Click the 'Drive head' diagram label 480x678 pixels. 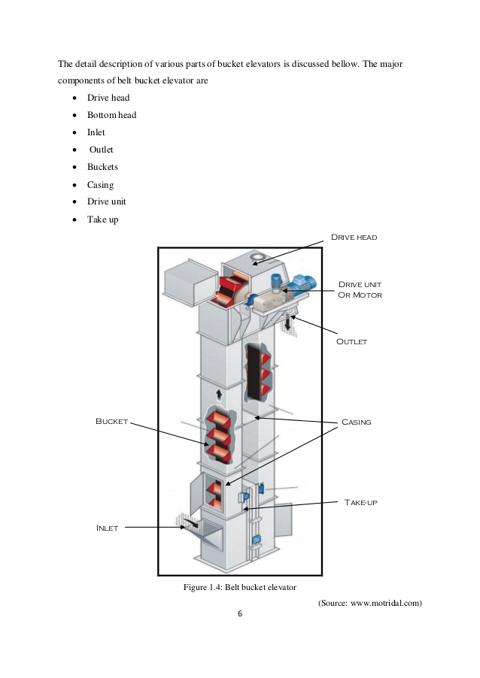[x=354, y=237]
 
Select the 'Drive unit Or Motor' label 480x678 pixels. [x=360, y=289]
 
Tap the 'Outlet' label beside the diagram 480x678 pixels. [x=351, y=341]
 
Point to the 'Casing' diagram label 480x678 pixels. [x=356, y=422]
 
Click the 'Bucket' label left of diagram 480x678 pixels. [x=111, y=422]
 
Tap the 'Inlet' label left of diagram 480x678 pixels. [x=107, y=528]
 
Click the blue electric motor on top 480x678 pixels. [x=302, y=283]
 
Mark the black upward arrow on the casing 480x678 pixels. [x=218, y=394]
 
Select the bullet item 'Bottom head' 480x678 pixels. [x=111, y=115]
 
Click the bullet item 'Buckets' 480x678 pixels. [x=102, y=167]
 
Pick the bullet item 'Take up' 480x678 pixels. [x=102, y=219]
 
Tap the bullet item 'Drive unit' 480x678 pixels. [x=106, y=202]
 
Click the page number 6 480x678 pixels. [x=240, y=614]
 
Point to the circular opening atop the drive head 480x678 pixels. [x=257, y=260]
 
